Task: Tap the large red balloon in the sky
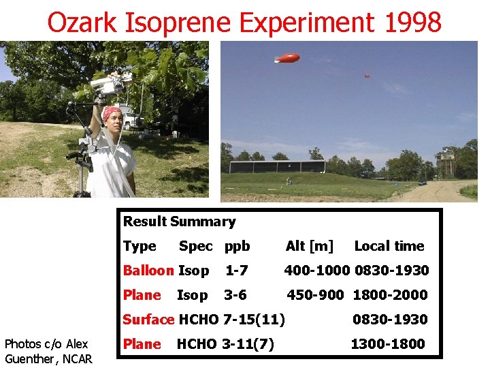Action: [287, 58]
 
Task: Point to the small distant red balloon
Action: [367, 76]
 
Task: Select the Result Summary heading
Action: [179, 221]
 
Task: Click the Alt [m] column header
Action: [310, 246]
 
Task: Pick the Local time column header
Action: [389, 246]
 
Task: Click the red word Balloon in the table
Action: [148, 271]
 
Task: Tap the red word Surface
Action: [148, 320]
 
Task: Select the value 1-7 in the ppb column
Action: [236, 271]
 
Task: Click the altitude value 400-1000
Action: [317, 271]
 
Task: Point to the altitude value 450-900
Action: [317, 295]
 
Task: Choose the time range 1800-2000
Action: [391, 295]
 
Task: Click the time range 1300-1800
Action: [387, 344]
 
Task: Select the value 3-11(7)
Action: [248, 344]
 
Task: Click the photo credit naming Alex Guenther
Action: [48, 351]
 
